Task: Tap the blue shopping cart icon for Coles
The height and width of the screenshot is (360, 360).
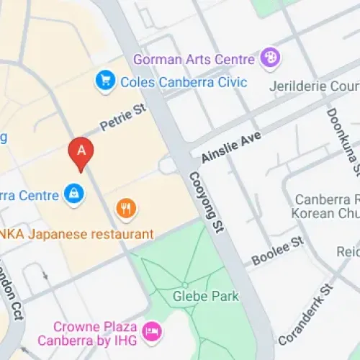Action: pyautogui.click(x=105, y=81)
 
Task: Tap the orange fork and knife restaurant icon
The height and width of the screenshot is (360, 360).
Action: pyautogui.click(x=127, y=209)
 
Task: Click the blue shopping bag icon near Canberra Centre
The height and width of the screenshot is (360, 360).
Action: pyautogui.click(x=73, y=193)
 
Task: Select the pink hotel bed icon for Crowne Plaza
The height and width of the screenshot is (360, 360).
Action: pyautogui.click(x=153, y=332)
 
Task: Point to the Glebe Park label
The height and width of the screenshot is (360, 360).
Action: pyautogui.click(x=205, y=296)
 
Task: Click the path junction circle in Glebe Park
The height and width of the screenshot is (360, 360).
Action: pyautogui.click(x=186, y=285)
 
